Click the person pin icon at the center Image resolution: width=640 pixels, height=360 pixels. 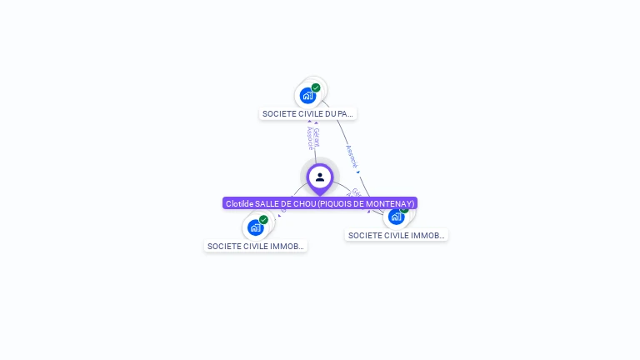tap(320, 177)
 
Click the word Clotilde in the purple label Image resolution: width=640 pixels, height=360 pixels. tap(239, 203)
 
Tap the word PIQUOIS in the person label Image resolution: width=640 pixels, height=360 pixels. tap(333, 203)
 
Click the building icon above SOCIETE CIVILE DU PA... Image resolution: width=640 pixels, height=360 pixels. tap(307, 96)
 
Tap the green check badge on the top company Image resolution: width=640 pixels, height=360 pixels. tap(316, 87)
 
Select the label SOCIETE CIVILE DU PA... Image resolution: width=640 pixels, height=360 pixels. tap(307, 113)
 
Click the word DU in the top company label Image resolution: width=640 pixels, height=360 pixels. tap(332, 113)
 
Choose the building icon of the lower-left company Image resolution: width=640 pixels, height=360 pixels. tap(255, 227)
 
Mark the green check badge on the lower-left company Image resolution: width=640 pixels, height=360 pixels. tap(263, 220)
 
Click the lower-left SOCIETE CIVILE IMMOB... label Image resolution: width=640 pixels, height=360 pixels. tap(256, 246)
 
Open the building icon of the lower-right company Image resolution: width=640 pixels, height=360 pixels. tap(396, 217)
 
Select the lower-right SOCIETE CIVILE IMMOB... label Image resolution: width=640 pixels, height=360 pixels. tap(397, 235)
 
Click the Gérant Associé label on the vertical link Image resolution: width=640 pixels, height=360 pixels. tap(312, 138)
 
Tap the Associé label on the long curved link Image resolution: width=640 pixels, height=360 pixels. tap(352, 156)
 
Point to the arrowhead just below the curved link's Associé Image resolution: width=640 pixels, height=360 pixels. tap(358, 172)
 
